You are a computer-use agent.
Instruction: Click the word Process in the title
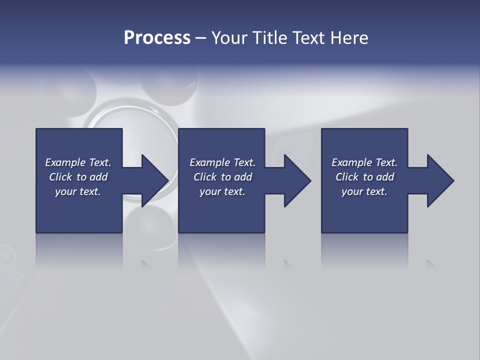[157, 38]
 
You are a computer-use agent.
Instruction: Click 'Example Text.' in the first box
[78, 162]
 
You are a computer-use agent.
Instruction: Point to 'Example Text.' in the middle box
[222, 162]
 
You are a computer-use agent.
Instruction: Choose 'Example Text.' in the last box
[364, 162]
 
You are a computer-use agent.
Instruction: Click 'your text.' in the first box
[78, 191]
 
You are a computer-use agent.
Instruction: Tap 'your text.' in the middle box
[222, 191]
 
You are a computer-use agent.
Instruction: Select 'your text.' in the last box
[364, 191]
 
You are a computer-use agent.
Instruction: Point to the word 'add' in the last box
[385, 177]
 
